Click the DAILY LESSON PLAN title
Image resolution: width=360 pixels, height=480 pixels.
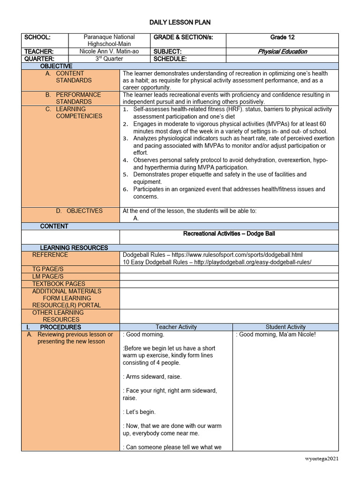point(180,22)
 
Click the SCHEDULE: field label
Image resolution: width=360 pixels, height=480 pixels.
point(170,59)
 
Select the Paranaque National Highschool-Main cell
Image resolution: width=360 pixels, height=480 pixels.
point(109,40)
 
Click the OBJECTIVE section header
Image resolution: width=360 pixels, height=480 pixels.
point(56,66)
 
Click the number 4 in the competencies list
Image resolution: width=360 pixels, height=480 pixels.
point(125,160)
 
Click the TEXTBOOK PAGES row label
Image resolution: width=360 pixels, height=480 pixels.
point(59,284)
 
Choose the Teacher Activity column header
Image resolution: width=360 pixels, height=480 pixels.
point(176,327)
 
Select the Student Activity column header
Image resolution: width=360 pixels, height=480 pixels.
point(285,327)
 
